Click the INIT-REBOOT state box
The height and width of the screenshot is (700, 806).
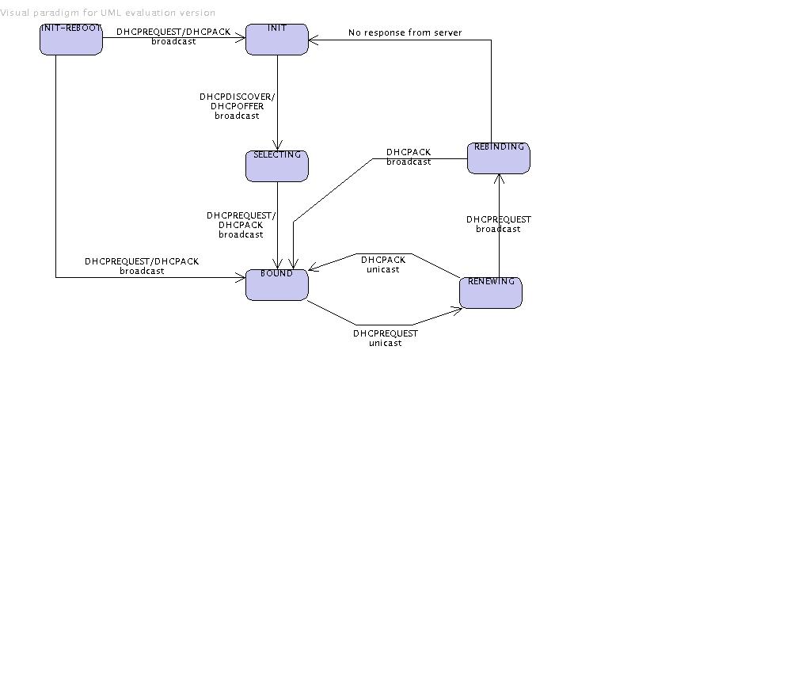[71, 40]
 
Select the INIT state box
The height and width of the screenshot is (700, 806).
[277, 40]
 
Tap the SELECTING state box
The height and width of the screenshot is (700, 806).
[277, 166]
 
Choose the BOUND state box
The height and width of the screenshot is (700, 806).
[277, 285]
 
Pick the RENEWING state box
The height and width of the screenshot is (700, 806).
[491, 293]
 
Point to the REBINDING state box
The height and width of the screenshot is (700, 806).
[499, 158]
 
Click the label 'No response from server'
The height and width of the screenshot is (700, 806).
[405, 32]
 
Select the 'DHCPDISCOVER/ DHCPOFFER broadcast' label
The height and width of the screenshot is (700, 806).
[237, 106]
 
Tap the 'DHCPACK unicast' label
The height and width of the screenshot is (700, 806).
[383, 264]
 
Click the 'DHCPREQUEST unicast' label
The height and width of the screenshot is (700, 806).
[385, 338]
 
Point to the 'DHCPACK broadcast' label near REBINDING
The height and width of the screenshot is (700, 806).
[409, 157]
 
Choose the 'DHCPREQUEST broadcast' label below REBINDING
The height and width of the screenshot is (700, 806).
[499, 224]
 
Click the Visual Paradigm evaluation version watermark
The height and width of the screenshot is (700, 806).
[108, 13]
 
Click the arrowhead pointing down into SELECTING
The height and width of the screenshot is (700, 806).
[277, 146]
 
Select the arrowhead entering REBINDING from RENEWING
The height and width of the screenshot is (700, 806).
[499, 178]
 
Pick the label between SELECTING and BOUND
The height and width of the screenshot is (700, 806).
[241, 225]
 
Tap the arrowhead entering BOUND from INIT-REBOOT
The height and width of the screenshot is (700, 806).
[241, 277]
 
